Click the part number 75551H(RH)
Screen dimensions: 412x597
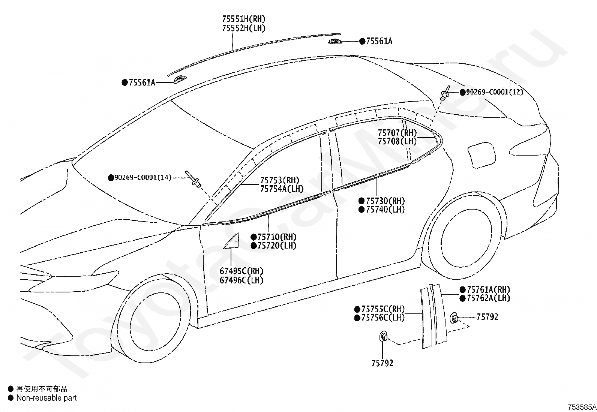(243, 19)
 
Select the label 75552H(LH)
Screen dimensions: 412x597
(243, 28)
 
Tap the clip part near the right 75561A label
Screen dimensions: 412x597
(333, 41)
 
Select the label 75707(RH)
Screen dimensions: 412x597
(397, 133)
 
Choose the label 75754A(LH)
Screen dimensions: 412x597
(282, 189)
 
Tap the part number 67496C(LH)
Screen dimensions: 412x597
(241, 280)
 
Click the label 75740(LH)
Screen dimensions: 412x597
(385, 210)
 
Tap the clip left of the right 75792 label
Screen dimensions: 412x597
(454, 318)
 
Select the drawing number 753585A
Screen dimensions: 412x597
(581, 407)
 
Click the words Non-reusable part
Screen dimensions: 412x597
(46, 398)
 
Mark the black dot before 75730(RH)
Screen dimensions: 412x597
(361, 201)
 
